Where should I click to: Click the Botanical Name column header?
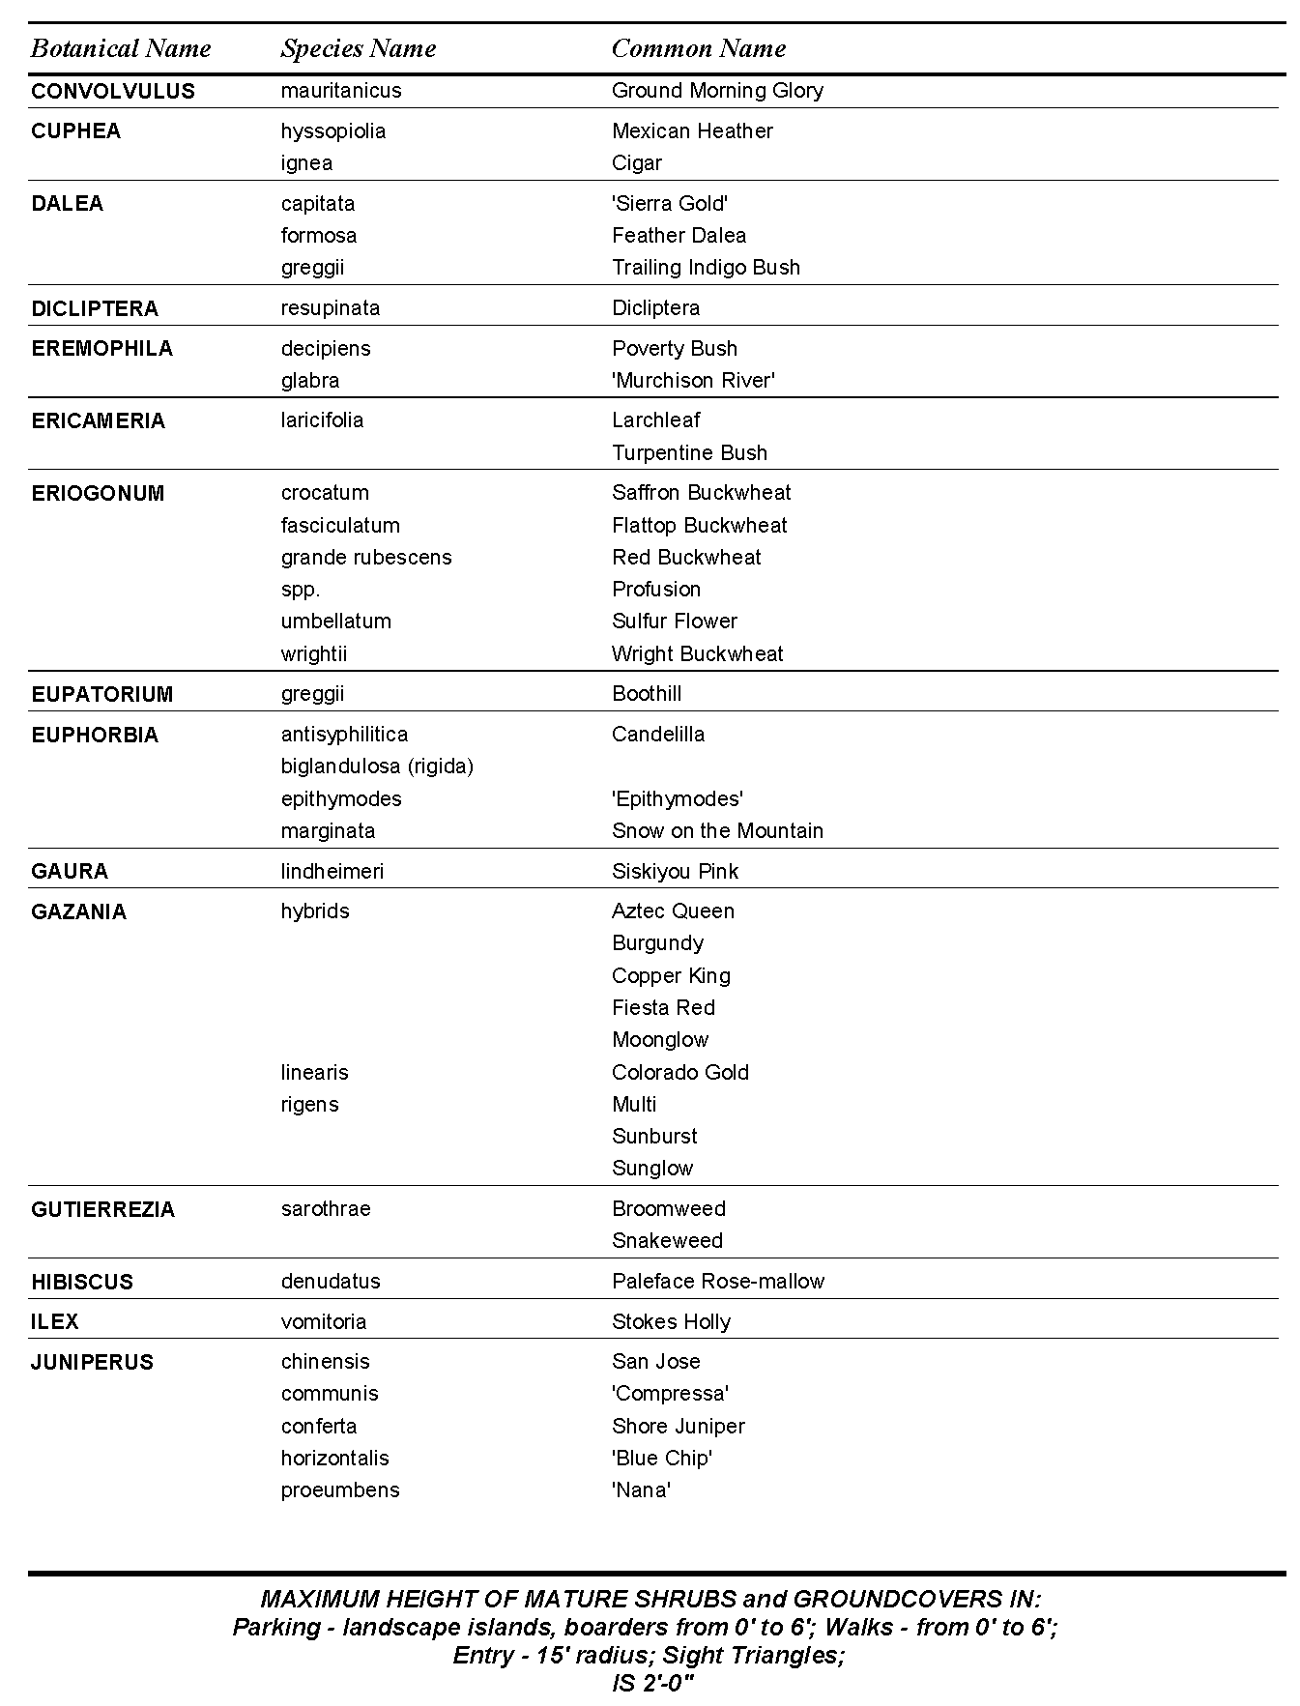[x=121, y=48]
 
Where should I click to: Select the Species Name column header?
[x=358, y=48]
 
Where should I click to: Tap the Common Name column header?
[x=698, y=48]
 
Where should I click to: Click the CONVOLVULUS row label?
[x=112, y=91]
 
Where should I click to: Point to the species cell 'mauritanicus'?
[x=341, y=91]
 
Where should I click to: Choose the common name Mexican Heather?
[x=692, y=130]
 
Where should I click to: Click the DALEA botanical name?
[x=67, y=204]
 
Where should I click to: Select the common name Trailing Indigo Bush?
[x=706, y=268]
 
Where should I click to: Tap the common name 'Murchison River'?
[x=693, y=381]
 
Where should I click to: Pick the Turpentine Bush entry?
[x=689, y=453]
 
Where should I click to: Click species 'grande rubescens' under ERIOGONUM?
[x=366, y=558]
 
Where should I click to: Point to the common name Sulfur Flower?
[x=674, y=622]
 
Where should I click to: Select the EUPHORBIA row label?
[x=94, y=736]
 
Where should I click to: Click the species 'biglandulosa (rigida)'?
[x=377, y=766]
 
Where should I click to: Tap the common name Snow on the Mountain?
[x=717, y=831]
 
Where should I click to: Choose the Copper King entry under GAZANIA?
[x=671, y=976]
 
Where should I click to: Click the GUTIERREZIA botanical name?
[x=102, y=1210]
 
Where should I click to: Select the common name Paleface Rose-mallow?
[x=718, y=1282]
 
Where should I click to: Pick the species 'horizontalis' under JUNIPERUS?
[x=334, y=1459]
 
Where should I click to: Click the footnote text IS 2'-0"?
[x=653, y=1683]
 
